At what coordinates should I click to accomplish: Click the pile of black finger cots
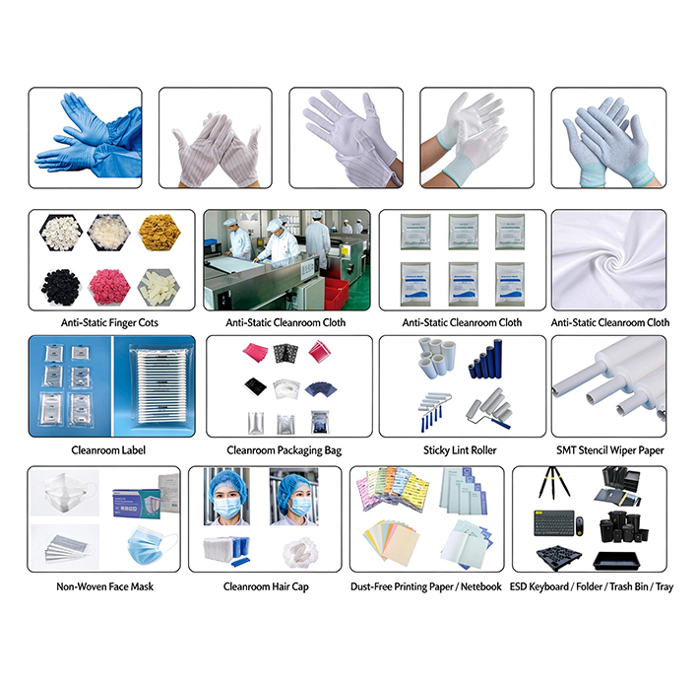coord(61,287)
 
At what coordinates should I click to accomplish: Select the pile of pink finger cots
coord(109,287)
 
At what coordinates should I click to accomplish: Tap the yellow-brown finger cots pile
coord(159,233)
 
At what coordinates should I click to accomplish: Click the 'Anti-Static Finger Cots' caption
coord(109,322)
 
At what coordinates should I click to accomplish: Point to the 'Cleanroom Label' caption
coord(108,450)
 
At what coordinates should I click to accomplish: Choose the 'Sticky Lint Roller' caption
coord(460,450)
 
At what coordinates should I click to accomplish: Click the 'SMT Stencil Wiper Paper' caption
coord(610,450)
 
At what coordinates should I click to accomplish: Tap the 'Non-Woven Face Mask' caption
coord(105,586)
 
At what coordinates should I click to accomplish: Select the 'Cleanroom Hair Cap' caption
coord(266,586)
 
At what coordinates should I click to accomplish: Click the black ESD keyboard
coord(554,523)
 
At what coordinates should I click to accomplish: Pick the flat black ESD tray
coord(617,561)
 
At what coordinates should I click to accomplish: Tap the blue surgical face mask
coord(152,546)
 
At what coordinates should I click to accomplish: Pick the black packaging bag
coord(255,385)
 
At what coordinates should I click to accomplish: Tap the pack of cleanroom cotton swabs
coord(160,386)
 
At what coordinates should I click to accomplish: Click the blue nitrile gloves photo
coord(86,138)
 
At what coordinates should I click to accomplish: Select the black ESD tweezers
coord(553,482)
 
